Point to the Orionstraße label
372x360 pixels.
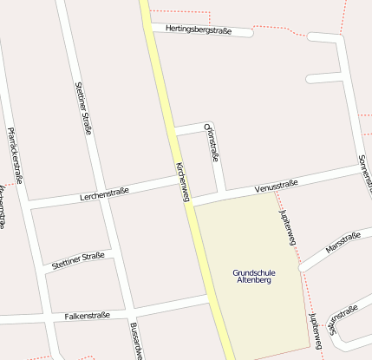(212, 142)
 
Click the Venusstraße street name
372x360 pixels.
(277, 185)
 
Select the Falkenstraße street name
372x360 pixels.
(87, 316)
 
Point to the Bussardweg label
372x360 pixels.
(135, 341)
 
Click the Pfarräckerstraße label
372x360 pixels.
(14, 156)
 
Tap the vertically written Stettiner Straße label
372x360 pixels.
(83, 108)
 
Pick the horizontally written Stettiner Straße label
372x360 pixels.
(78, 258)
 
